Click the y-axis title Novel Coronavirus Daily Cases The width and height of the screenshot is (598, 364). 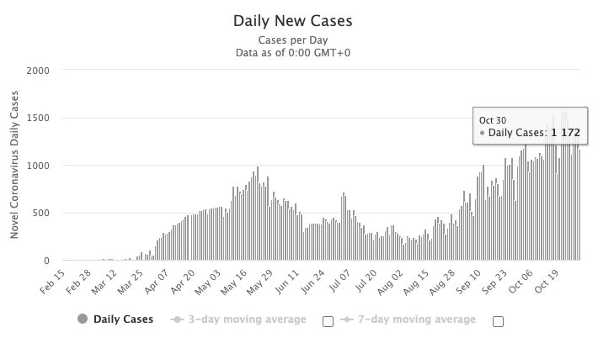tap(14, 165)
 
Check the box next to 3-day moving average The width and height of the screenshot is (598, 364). tap(328, 320)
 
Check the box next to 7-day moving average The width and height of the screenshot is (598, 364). tap(498, 320)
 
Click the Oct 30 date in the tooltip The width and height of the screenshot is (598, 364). tap(493, 119)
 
